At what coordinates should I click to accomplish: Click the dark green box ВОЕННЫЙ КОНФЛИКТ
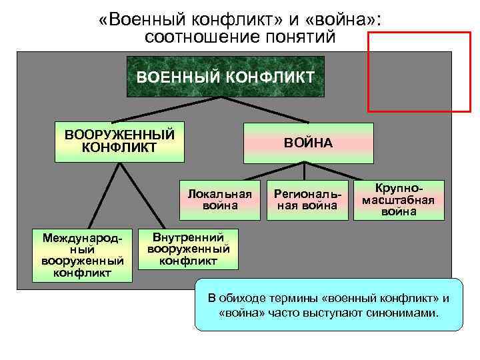tap(225, 77)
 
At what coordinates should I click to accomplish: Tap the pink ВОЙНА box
tap(308, 143)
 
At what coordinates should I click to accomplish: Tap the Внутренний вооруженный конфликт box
tap(188, 249)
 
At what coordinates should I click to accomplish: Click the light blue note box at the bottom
tap(328, 305)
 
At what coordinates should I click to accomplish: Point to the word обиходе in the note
tap(249, 297)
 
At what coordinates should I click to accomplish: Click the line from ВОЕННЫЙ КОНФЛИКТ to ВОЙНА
tap(267, 110)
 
